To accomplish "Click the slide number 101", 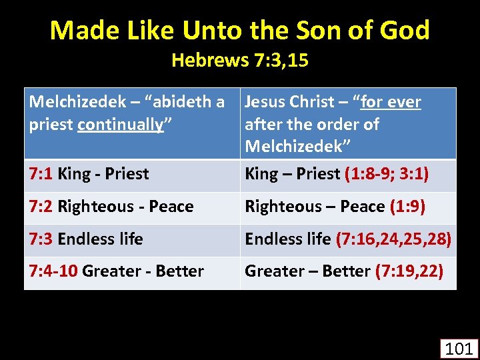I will point(458,348).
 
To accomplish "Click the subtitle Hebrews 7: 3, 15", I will point(240,61).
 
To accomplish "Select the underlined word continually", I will point(121,125).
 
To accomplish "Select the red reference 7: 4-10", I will point(53,271).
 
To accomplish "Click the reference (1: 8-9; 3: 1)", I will point(387,174).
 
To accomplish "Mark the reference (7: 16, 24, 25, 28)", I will point(394,239).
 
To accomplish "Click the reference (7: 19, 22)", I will point(409,271).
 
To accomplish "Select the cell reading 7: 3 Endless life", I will point(86,239).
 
